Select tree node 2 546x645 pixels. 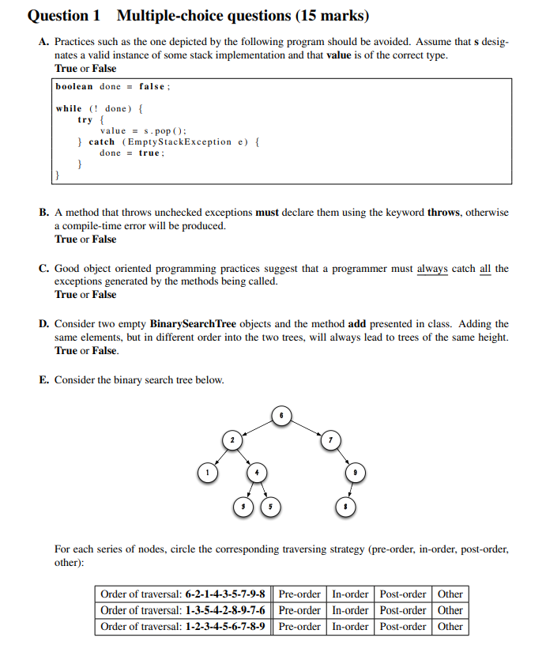tap(232, 439)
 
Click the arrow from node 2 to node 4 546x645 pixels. tap(244, 456)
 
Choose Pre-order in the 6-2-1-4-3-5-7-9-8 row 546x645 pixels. tap(299, 594)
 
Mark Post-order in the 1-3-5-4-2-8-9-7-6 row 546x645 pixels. tap(403, 610)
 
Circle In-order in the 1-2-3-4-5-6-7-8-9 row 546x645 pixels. tap(350, 627)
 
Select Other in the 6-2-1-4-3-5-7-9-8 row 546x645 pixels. tap(450, 594)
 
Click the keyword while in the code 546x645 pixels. tap(69, 108)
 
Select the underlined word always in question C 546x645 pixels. tap(432, 269)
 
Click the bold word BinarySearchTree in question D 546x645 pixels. tap(193, 324)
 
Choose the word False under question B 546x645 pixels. tap(104, 239)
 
